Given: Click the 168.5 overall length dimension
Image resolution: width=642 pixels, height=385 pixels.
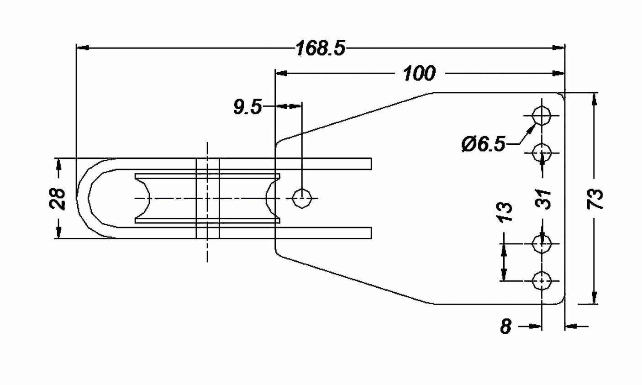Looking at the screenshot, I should coord(320,48).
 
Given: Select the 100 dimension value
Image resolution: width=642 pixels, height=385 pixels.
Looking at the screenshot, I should coord(419,73).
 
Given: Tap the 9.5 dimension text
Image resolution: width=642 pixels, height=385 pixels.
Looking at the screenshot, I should coord(247,107).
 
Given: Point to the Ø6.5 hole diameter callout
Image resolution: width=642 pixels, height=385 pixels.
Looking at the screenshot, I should coord(483,145).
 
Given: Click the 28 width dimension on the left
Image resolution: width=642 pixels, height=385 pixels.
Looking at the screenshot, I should coord(58,199).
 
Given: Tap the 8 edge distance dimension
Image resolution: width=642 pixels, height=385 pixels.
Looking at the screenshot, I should coord(505,327).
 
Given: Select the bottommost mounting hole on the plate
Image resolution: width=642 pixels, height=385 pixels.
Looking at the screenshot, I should coord(542,281).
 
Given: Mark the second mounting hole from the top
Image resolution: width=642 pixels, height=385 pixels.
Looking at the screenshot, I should coord(542,151).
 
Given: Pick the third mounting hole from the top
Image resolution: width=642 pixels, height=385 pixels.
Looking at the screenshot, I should coord(542,244).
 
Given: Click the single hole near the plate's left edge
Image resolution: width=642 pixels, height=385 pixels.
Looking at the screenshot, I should coord(302,198).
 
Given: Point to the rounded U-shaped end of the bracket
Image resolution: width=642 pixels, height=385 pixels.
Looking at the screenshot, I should coord(84,198).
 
